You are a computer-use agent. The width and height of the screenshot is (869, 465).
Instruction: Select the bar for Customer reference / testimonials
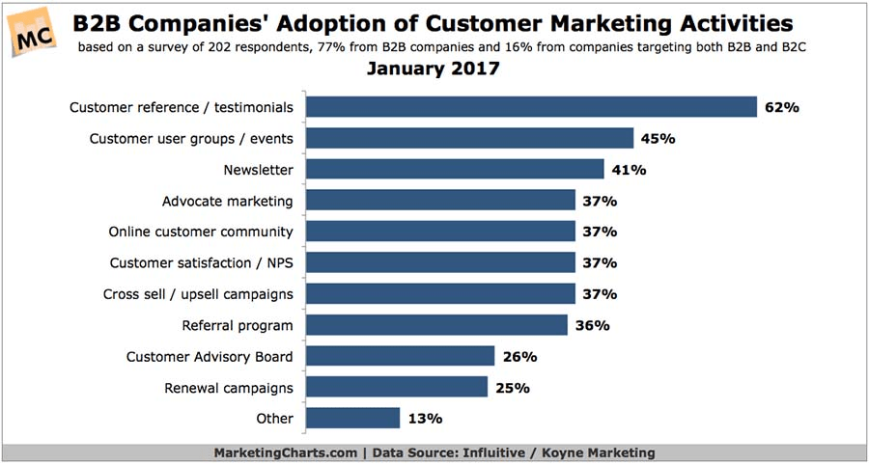[531, 107]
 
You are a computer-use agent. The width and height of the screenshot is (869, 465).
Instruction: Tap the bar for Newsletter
[455, 170]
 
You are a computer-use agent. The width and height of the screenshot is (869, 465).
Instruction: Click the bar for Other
[352, 418]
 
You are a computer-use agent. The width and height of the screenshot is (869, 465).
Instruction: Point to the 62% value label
[782, 107]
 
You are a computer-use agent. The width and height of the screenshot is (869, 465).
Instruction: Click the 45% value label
[658, 139]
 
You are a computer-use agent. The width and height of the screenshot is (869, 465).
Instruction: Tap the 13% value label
[425, 418]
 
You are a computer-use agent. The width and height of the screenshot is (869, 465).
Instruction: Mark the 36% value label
[592, 325]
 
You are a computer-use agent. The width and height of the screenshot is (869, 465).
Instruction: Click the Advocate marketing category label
[227, 201]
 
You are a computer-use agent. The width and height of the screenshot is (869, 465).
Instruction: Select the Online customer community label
[200, 232]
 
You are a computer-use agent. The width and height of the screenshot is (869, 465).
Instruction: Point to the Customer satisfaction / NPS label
[201, 262]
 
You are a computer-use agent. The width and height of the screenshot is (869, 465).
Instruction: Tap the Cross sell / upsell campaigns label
[198, 293]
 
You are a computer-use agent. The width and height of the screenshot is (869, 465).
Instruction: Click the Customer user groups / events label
[191, 139]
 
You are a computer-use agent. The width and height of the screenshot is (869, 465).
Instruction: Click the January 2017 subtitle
[434, 70]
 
